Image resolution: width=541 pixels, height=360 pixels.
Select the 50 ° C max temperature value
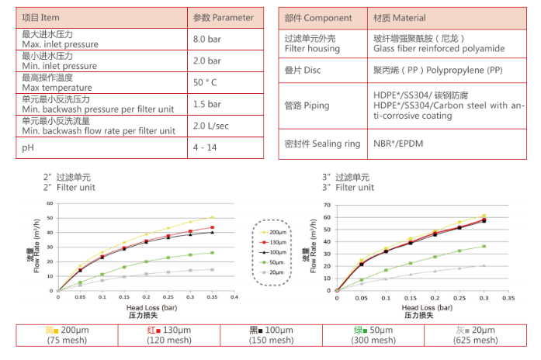coord(206,82)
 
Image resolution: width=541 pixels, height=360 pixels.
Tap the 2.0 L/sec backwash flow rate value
coord(210,126)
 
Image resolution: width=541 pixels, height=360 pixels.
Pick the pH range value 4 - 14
coord(204,146)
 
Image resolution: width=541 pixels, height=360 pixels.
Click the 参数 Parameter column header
coord(223,17)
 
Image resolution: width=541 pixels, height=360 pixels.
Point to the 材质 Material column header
coord(400,17)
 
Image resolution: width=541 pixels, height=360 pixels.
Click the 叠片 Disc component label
coord(303,71)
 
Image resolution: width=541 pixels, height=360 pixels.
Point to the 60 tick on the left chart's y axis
coord(50,203)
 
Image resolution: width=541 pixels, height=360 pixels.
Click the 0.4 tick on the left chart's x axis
coord(234,297)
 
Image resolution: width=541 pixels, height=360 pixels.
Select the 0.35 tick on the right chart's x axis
coord(508,297)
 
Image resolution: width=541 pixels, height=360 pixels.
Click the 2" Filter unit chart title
coord(70,182)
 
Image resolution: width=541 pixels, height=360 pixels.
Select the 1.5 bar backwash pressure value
coord(206,104)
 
